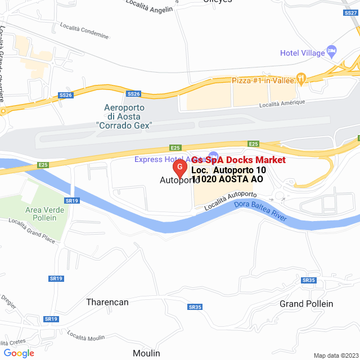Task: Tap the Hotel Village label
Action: click(303, 53)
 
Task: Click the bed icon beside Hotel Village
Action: click(331, 52)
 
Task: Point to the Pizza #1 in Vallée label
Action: click(264, 81)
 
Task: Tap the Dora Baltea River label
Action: click(260, 211)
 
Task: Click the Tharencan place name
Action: click(107, 302)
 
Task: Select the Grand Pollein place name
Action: click(306, 304)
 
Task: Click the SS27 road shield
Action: click(350, 12)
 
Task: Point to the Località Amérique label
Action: click(282, 103)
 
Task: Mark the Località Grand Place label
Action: click(32, 230)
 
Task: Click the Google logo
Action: click(19, 353)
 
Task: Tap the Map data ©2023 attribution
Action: click(335, 355)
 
